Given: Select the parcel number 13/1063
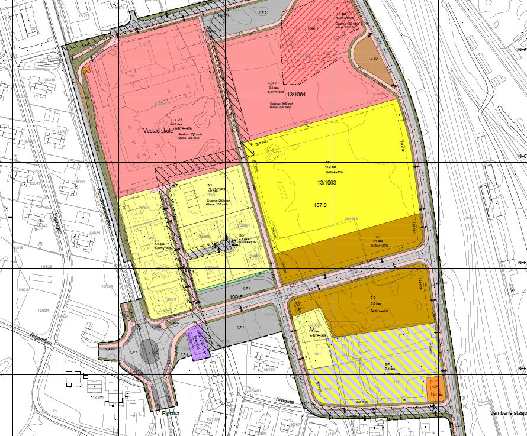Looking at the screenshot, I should pyautogui.click(x=326, y=183).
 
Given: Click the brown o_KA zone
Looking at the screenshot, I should pyautogui.click(x=374, y=59).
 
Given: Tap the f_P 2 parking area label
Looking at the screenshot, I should pyautogui.click(x=240, y=327).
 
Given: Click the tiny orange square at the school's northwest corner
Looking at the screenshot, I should pyautogui.click(x=87, y=70).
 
